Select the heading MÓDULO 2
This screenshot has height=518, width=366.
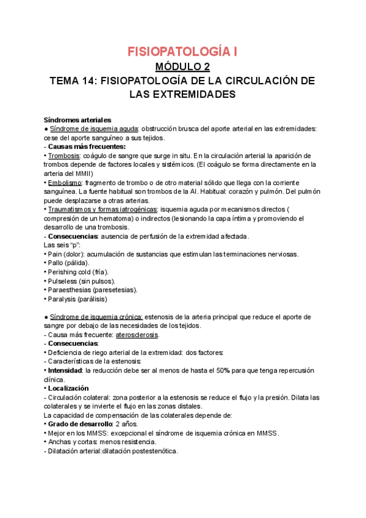(x=182, y=67)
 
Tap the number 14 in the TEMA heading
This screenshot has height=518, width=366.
(x=90, y=81)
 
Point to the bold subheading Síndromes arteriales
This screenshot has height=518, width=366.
(x=77, y=120)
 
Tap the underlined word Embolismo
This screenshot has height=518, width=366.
(x=65, y=183)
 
